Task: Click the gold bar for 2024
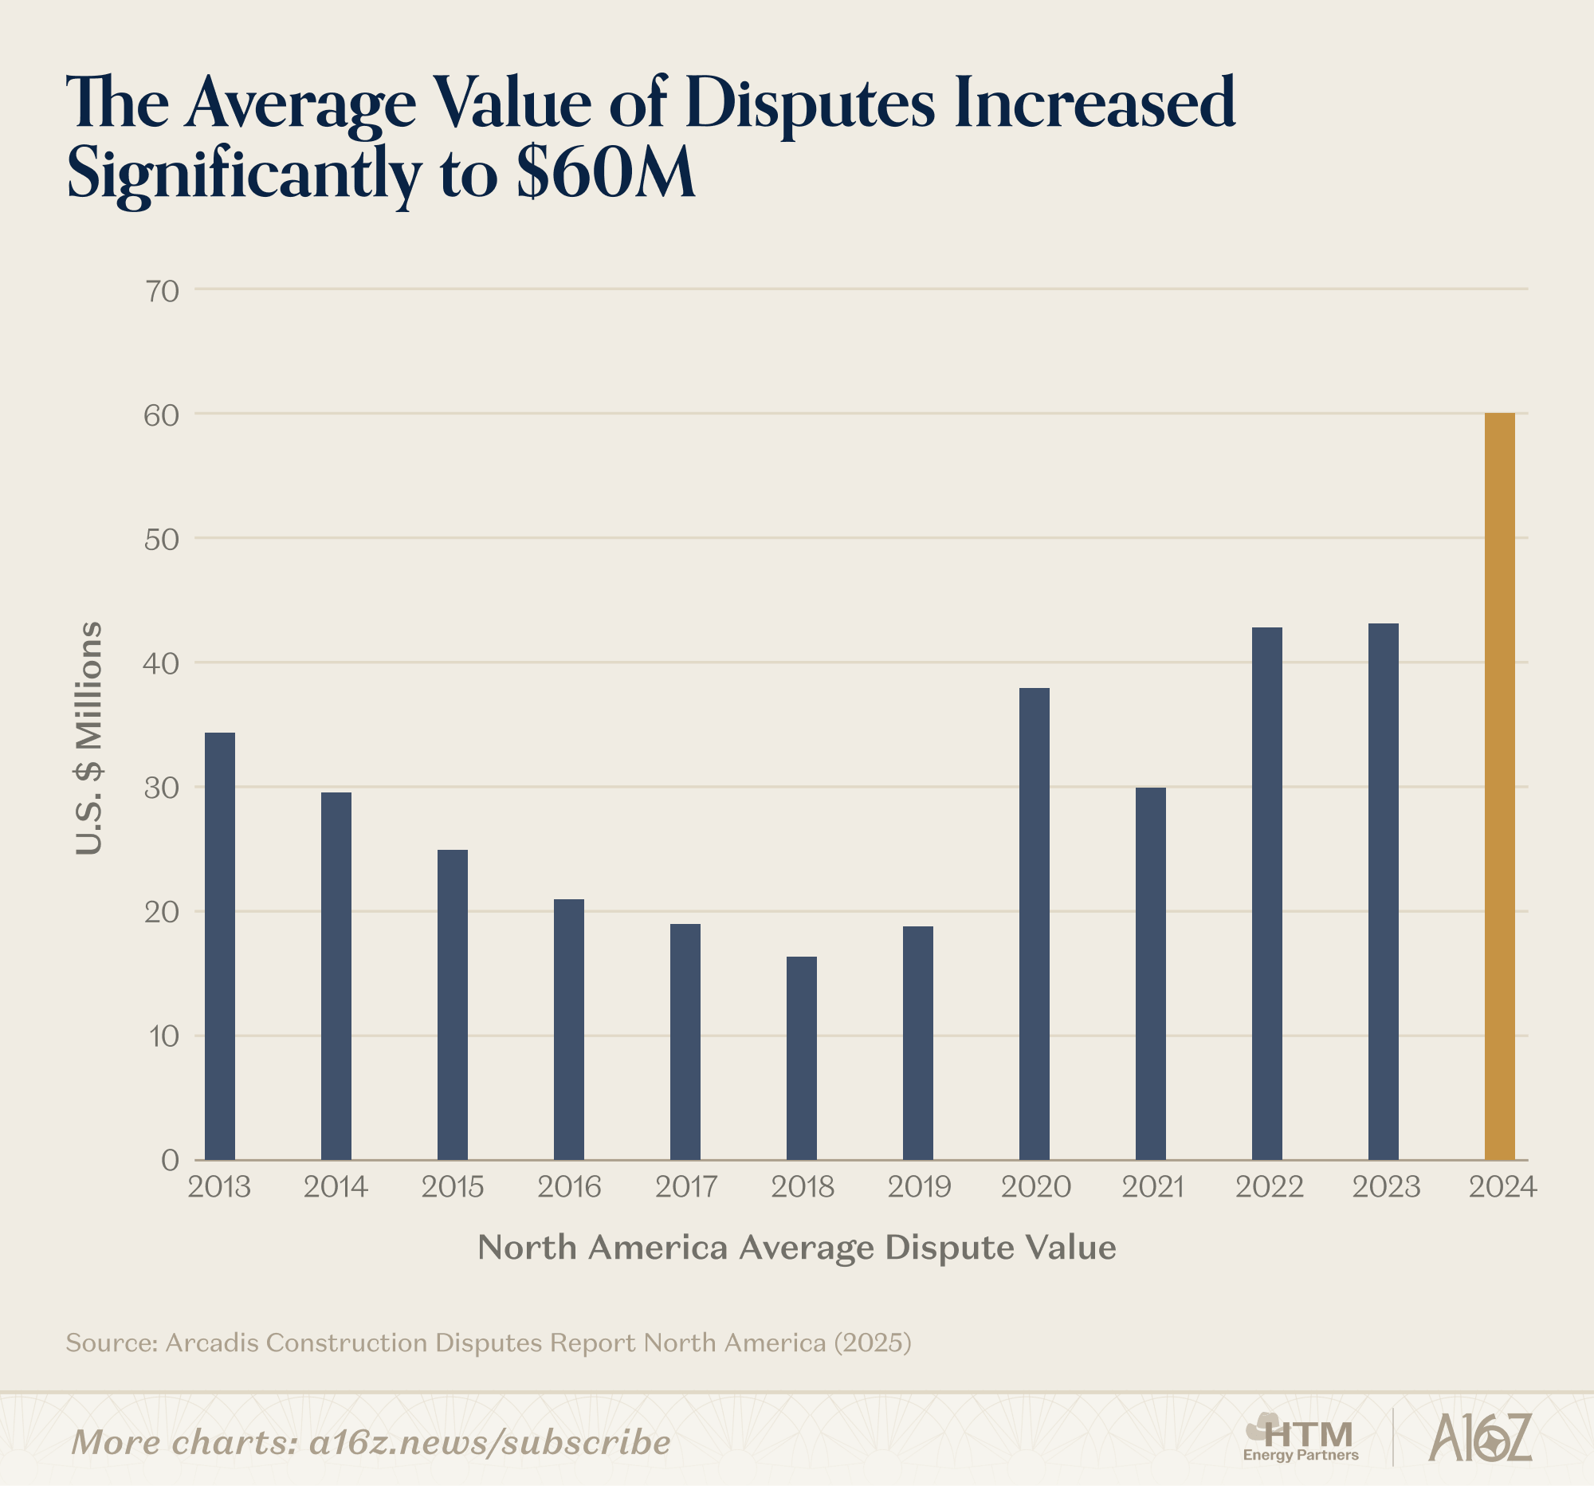pos(1499,786)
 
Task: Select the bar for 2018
pos(801,1058)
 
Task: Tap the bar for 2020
pos(1034,923)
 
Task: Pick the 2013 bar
pos(220,945)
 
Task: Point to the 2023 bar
pos(1383,891)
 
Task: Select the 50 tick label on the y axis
pos(162,540)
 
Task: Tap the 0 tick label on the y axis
pos(170,1161)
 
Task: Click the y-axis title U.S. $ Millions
pos(89,737)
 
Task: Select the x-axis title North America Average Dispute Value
pos(796,1248)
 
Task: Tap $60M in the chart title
pos(606,173)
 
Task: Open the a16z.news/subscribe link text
pos(489,1443)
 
